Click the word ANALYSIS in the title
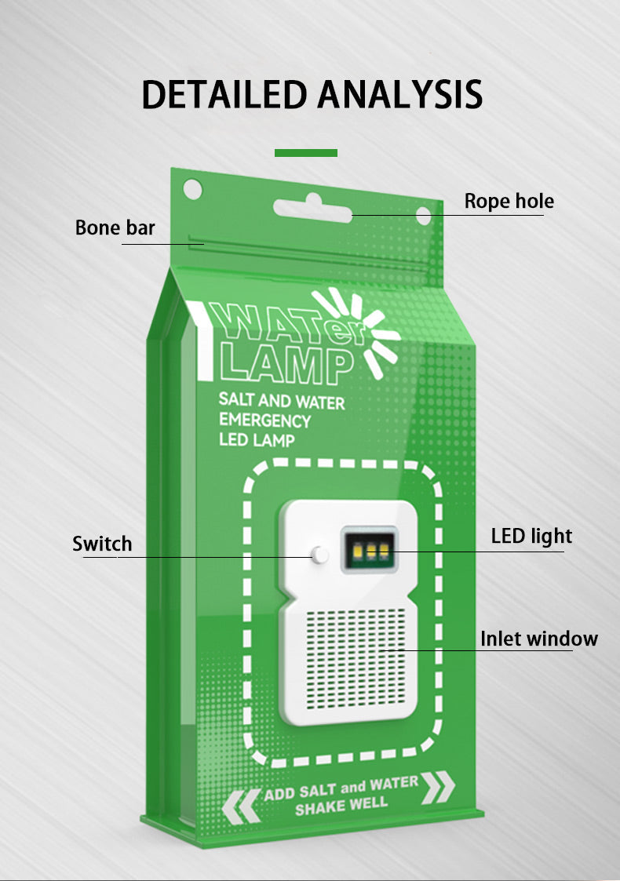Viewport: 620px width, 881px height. click(399, 94)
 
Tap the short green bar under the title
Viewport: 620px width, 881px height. click(306, 152)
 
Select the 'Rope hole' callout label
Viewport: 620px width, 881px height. click(509, 202)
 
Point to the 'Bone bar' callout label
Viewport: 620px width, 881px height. click(115, 228)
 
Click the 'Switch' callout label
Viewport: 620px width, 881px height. click(102, 544)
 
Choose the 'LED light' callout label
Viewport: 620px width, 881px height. click(531, 537)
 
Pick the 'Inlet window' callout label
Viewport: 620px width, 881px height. click(538, 639)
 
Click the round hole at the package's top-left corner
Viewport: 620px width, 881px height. click(191, 188)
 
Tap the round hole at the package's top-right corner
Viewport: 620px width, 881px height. click(423, 216)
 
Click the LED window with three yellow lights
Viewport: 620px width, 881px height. click(368, 550)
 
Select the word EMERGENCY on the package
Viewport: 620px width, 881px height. click(264, 420)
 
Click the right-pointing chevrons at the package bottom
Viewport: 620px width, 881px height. click(438, 787)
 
